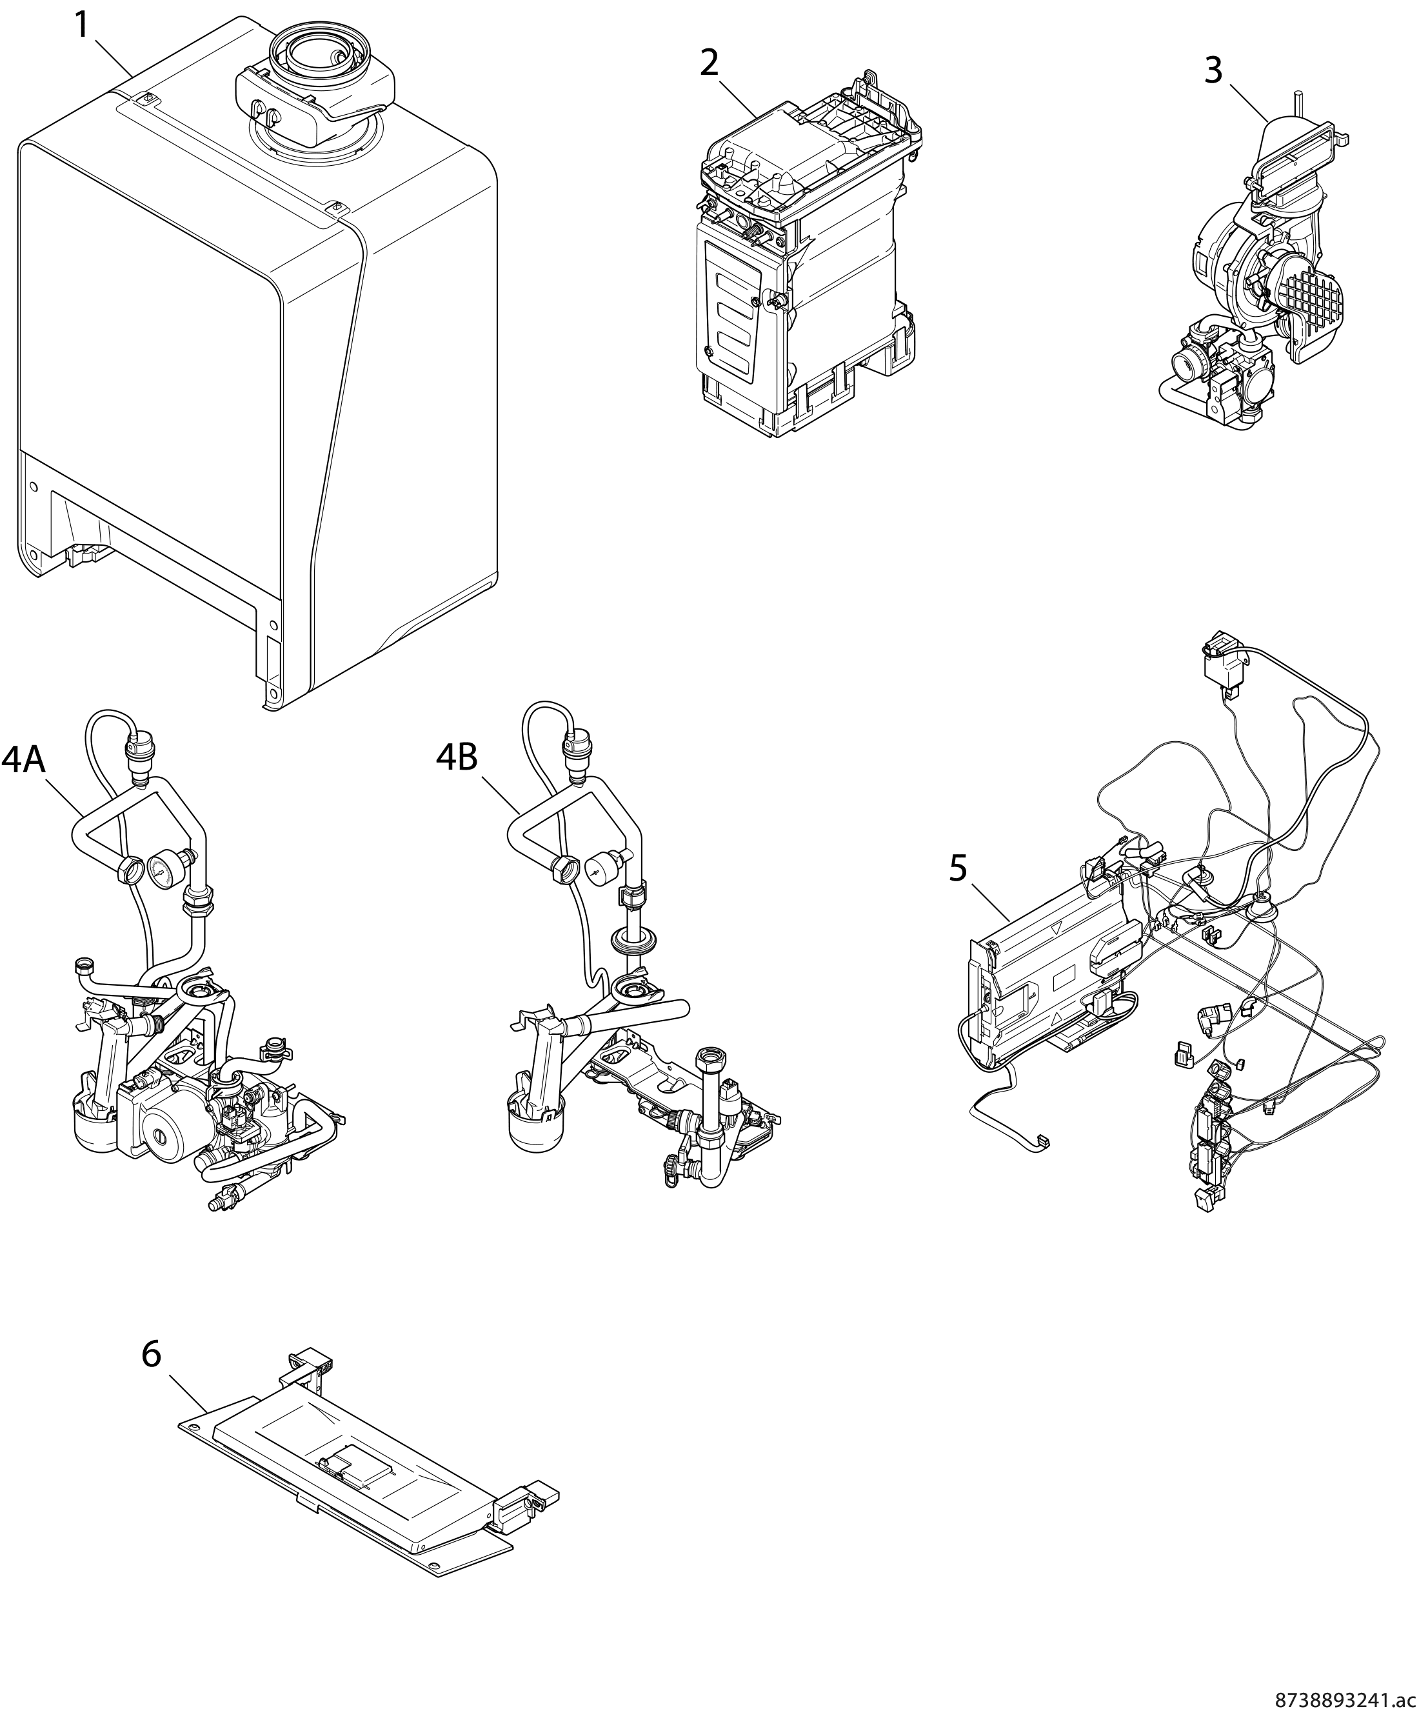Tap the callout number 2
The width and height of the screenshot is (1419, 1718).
[x=709, y=63]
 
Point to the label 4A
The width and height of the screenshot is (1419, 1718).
[x=23, y=759]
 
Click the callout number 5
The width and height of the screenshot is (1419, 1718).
[x=958, y=868]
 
